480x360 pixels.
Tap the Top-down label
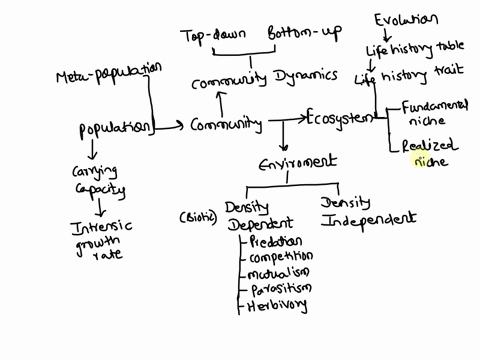pyautogui.click(x=212, y=36)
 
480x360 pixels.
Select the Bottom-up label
pyautogui.click(x=303, y=36)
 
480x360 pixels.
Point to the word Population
pyautogui.click(x=114, y=128)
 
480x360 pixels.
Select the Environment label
pyautogui.click(x=297, y=162)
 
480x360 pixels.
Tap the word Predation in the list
pyautogui.click(x=278, y=241)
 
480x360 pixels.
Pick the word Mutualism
pyautogui.click(x=279, y=272)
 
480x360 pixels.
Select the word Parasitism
pyautogui.click(x=280, y=289)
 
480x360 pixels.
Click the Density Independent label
pyautogui.click(x=367, y=211)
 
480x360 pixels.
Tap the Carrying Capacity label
pyautogui.click(x=98, y=179)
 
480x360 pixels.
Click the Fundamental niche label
pyautogui.click(x=432, y=112)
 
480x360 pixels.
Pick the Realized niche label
pyautogui.click(x=427, y=152)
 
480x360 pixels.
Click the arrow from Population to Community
pyautogui.click(x=171, y=126)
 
